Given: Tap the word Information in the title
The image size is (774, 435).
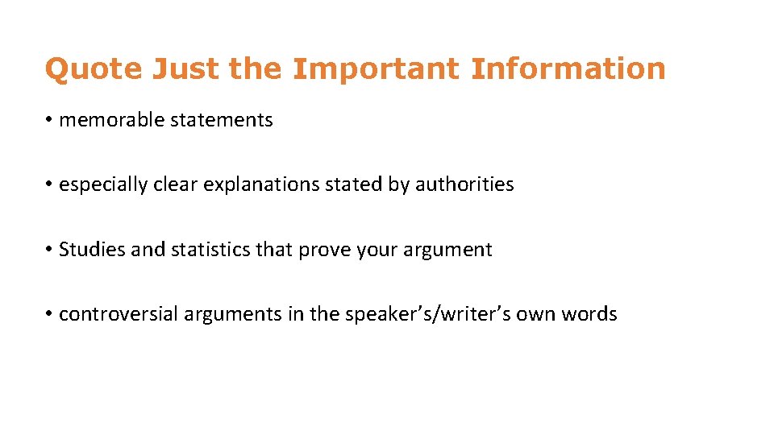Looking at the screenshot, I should point(568,69).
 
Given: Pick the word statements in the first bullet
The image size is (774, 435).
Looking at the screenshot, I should point(221,121).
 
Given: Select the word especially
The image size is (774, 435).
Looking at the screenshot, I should point(103,185).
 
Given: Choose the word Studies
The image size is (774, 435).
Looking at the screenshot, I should point(92,250).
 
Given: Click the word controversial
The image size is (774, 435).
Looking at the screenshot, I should point(119,314).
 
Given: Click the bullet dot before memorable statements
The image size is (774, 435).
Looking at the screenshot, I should point(49,121).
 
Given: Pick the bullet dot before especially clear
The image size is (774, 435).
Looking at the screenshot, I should point(49,185).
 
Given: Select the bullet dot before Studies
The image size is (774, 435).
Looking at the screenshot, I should point(49,250).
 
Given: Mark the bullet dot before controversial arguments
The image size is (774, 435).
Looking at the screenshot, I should point(49,314).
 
